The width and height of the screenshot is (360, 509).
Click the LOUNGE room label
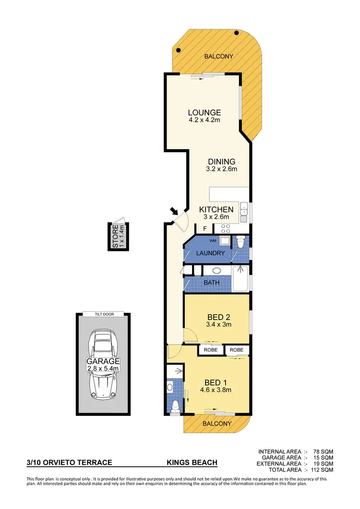204,113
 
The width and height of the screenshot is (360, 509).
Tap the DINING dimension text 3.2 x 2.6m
221,169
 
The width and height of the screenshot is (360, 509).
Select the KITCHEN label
216,210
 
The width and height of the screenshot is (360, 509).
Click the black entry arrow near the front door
173,212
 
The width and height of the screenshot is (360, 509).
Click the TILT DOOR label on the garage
103,314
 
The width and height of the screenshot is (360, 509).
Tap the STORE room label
115,237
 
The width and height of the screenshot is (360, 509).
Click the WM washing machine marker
212,240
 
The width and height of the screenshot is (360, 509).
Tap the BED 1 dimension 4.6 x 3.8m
216,390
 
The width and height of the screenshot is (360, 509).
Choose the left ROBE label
211,350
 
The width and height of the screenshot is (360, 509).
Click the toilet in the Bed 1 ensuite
175,405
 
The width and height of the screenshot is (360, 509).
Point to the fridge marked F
205,229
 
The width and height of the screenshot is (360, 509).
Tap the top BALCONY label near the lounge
219,56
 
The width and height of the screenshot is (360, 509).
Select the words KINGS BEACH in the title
192,462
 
